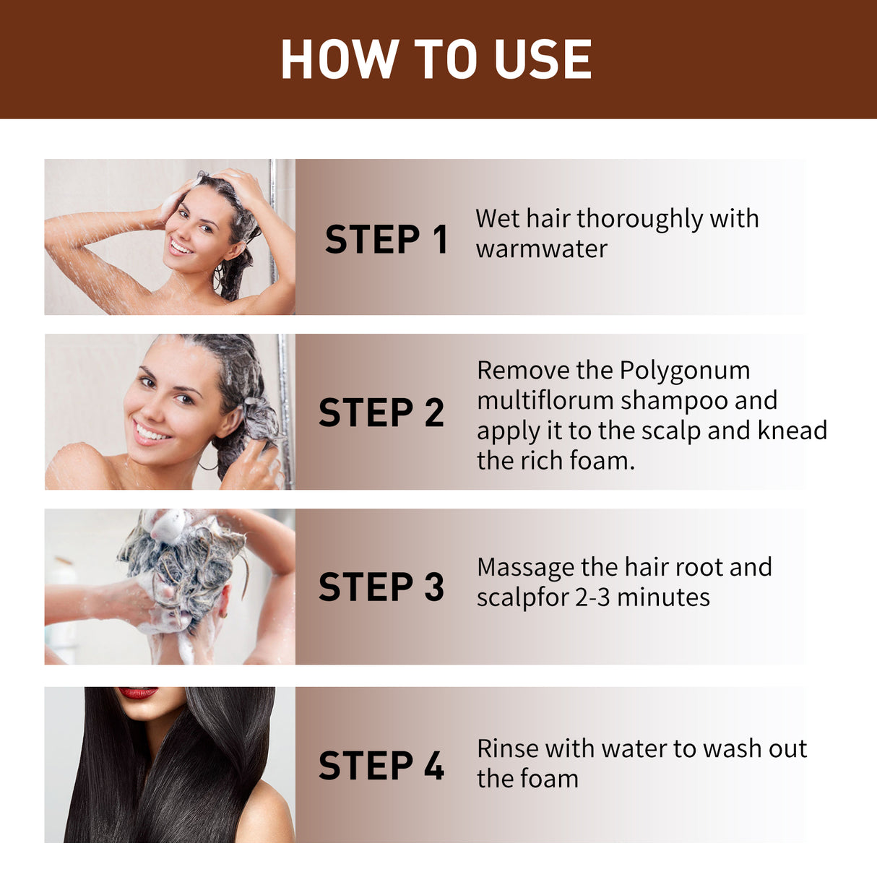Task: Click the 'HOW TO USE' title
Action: [x=436, y=59]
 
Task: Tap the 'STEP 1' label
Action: [x=386, y=240]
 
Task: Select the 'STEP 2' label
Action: [x=381, y=413]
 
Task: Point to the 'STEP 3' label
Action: [x=381, y=587]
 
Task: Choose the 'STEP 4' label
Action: [x=381, y=766]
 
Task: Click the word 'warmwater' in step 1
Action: [x=542, y=249]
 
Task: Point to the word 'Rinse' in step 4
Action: [x=507, y=748]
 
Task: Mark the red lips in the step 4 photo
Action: [x=138, y=693]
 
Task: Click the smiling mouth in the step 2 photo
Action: [x=152, y=433]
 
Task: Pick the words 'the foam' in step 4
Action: [x=527, y=779]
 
